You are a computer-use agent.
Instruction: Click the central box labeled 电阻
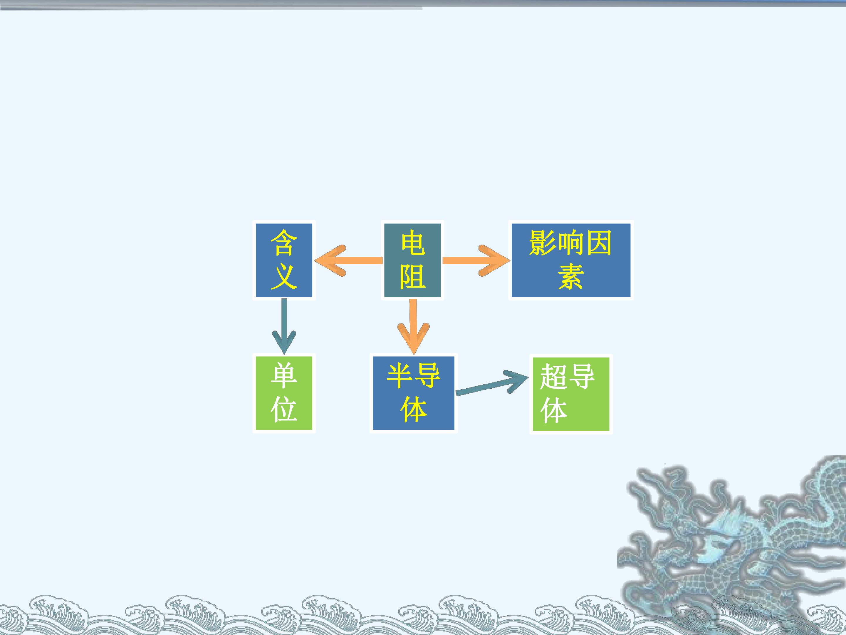412,260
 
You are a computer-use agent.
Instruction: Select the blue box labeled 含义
284,260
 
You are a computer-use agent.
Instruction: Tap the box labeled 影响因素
571,260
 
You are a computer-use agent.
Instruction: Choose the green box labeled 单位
284,393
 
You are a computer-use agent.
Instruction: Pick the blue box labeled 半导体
413,393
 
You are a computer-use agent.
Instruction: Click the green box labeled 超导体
571,394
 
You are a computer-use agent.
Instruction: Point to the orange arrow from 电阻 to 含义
348,261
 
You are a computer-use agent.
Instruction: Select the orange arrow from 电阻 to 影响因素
476,261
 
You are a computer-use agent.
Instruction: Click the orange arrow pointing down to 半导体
413,327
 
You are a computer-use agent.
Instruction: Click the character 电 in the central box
413,243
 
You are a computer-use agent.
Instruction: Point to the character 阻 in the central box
413,276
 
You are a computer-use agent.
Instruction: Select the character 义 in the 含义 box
284,276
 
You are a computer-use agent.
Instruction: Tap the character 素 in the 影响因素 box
571,276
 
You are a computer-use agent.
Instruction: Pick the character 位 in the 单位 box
284,409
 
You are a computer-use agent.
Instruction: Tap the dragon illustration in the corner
731,544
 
